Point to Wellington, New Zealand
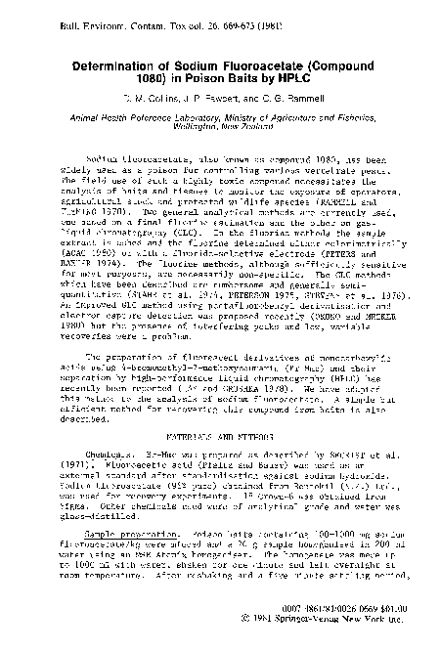click(221, 128)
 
